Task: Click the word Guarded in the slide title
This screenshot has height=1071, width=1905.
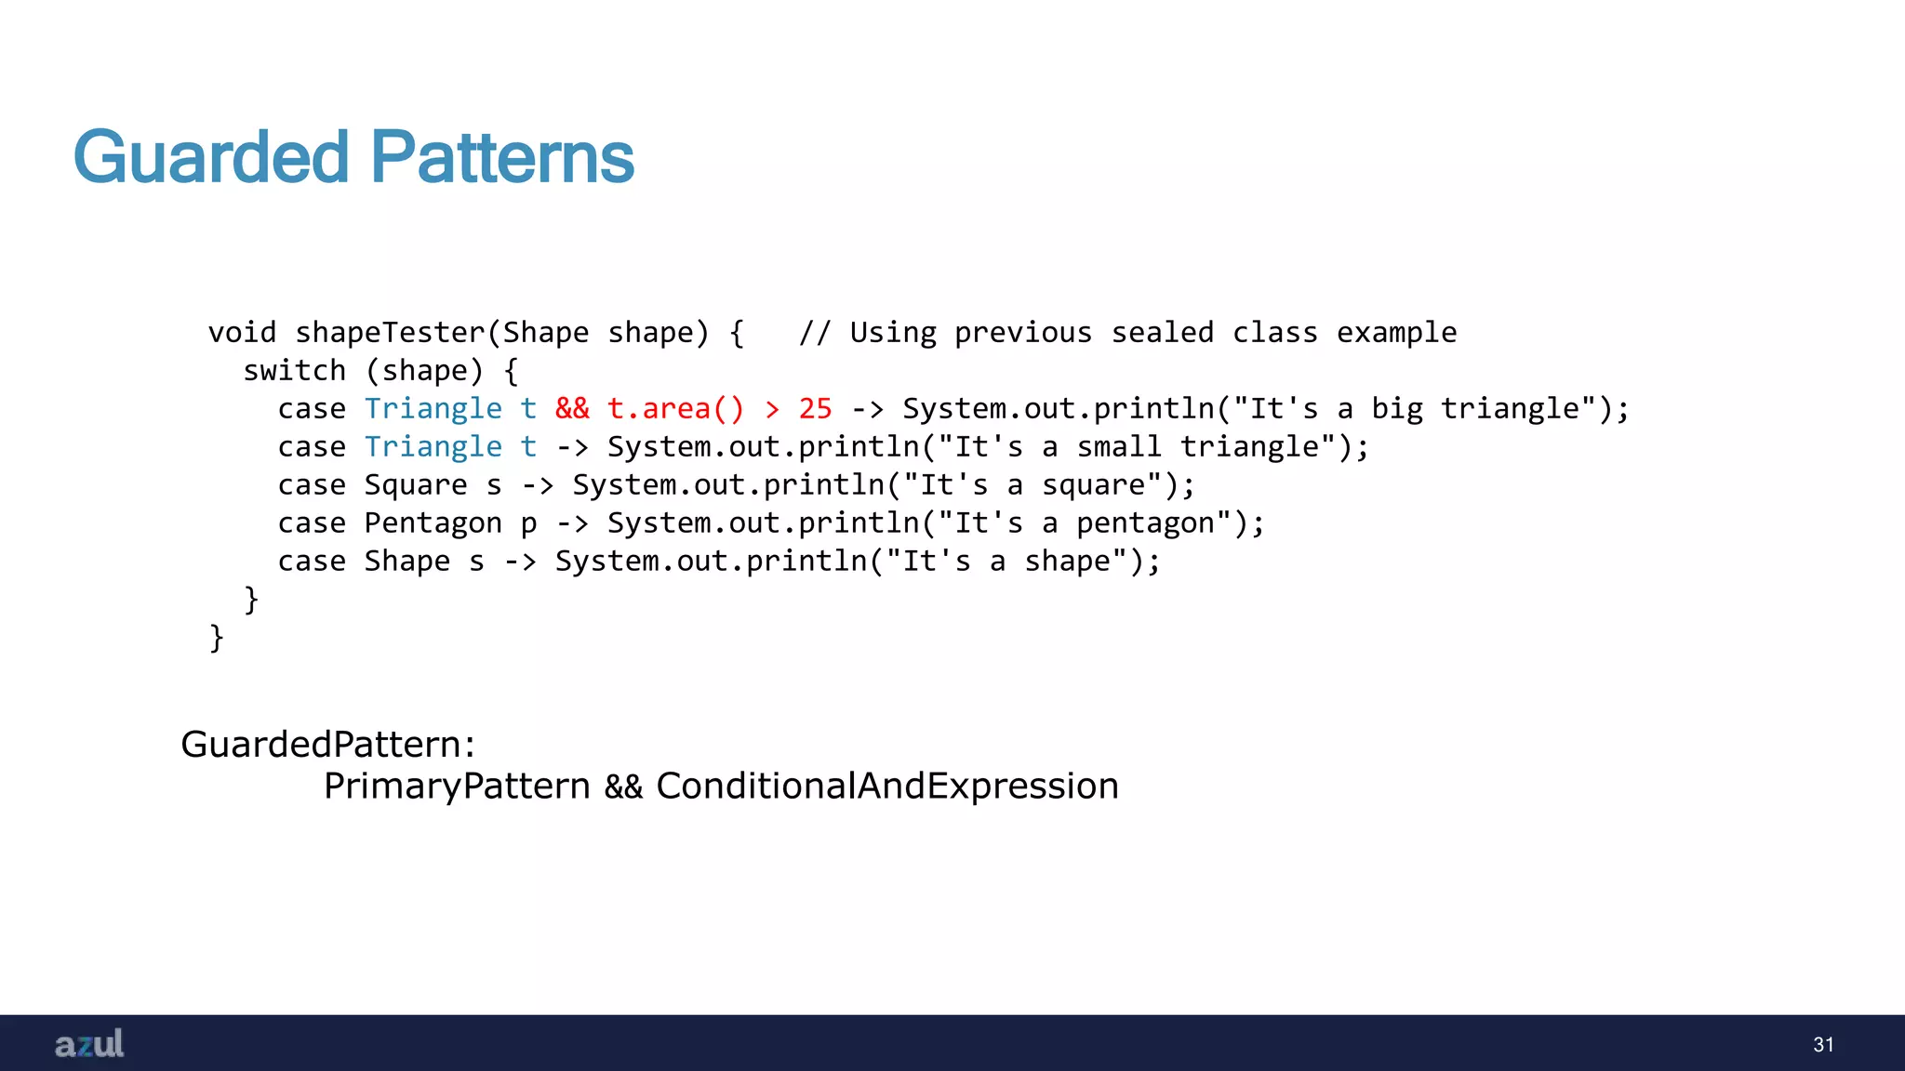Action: tap(211, 157)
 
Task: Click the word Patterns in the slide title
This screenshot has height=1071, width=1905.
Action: tap(502, 157)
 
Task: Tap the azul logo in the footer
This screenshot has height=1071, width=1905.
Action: tap(89, 1044)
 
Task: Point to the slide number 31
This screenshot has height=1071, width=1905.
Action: tap(1823, 1045)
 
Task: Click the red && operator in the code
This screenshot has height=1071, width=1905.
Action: tap(572, 409)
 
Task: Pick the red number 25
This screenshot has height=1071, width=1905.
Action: tap(815, 409)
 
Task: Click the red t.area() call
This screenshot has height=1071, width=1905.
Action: tap(675, 409)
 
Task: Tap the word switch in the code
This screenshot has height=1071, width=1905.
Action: tap(294, 371)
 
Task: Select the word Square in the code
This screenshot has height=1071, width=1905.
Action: tap(416, 485)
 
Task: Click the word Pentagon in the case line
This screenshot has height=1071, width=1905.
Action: tap(433, 523)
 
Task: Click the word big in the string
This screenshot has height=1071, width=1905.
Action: tap(1397, 409)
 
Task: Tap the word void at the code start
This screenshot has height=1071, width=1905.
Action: tap(242, 333)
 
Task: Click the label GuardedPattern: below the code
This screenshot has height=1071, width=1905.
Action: tap(327, 745)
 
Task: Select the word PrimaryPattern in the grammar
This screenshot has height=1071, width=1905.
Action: tap(457, 787)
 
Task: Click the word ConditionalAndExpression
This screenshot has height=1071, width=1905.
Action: tap(886, 787)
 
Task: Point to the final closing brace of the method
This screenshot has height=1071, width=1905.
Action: tap(217, 638)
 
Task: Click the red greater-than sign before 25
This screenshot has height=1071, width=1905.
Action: tap(772, 409)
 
